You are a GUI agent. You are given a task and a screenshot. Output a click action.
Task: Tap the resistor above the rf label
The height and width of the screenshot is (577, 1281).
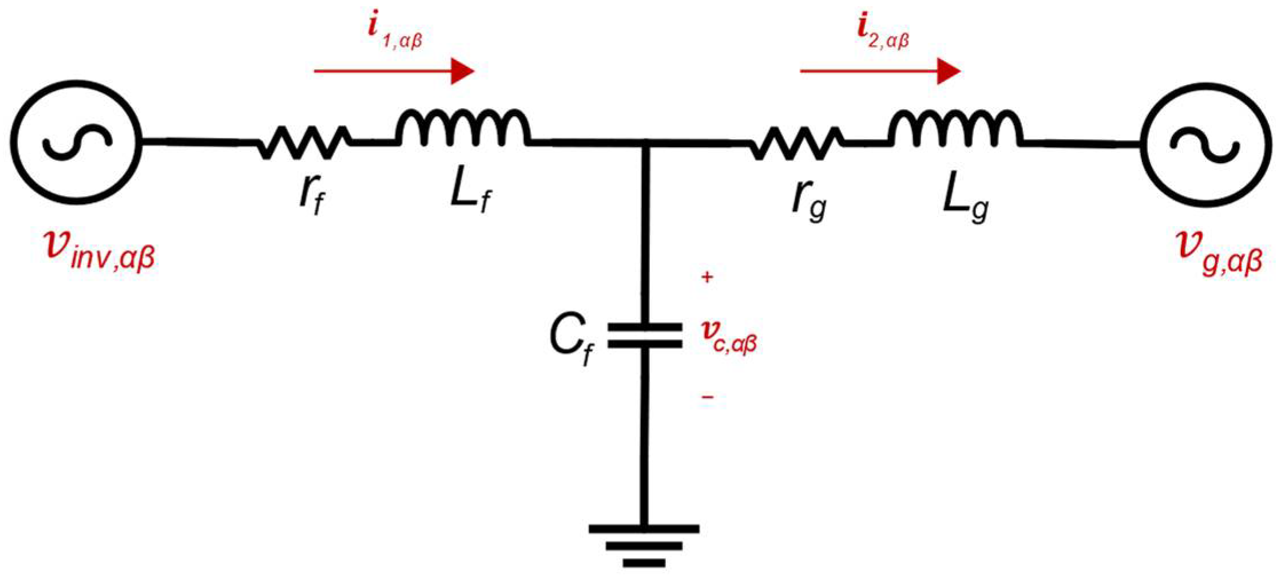(x=303, y=142)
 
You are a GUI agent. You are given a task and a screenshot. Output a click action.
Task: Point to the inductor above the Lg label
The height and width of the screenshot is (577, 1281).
(x=955, y=128)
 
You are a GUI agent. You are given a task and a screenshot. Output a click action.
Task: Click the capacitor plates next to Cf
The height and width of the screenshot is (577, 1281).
(x=645, y=335)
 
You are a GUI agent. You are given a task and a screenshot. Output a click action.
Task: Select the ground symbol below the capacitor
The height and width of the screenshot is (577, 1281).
(x=644, y=544)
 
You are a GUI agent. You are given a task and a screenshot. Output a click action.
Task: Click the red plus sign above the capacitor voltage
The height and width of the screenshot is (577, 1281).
(x=708, y=278)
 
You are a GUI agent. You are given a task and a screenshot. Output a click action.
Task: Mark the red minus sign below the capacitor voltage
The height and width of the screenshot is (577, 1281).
(x=708, y=397)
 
